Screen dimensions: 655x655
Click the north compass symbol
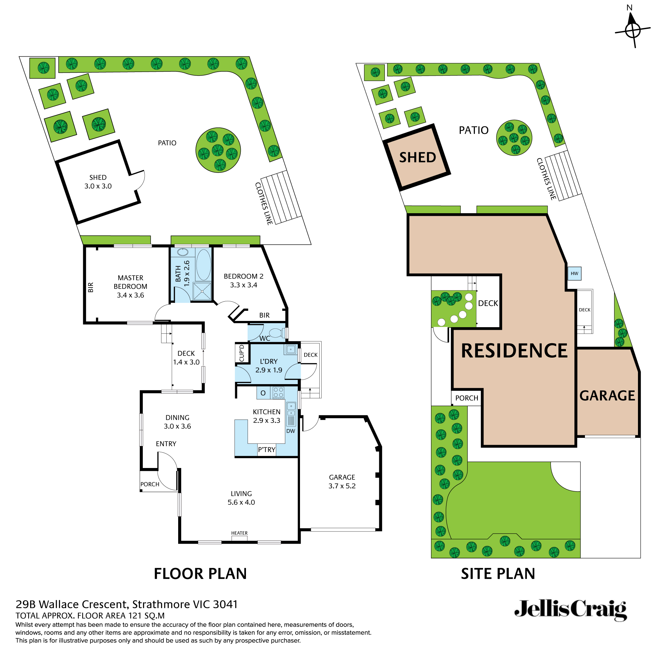pos(632,31)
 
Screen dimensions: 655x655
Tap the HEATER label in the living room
pos(239,533)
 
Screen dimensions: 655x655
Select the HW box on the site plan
pos(574,273)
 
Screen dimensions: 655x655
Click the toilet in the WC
pos(277,333)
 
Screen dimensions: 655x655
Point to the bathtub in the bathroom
pos(203,265)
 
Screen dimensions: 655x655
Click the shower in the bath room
pos(202,291)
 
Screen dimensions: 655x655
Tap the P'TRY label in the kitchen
pos(267,450)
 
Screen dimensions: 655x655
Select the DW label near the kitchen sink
pos(290,431)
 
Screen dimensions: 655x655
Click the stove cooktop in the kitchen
pos(278,393)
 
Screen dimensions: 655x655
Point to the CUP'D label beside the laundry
pos(242,354)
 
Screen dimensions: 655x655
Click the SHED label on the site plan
pos(417,158)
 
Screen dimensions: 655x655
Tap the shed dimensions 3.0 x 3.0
pos(98,186)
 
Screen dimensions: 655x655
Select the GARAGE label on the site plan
pos(607,396)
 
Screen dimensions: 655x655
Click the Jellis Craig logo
pos(570,610)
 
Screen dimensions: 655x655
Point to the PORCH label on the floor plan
pos(150,484)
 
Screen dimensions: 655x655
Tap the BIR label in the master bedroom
pos(91,288)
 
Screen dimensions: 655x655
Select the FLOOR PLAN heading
pos(200,574)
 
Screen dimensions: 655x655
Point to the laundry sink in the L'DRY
pos(291,349)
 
